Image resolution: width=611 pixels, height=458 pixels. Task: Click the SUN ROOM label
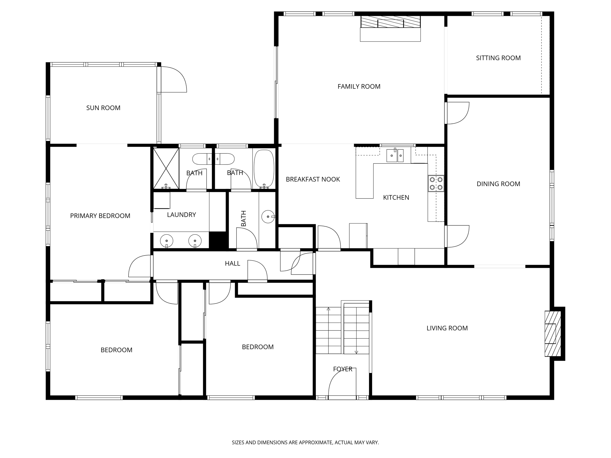(x=103, y=108)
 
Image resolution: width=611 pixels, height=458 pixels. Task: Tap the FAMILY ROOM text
(x=359, y=86)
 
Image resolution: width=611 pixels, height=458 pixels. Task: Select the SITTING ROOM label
(x=498, y=58)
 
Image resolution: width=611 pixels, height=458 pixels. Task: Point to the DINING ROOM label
(x=498, y=184)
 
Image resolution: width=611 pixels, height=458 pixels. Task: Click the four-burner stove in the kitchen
(x=436, y=183)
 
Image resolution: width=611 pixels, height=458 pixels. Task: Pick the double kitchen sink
(x=395, y=156)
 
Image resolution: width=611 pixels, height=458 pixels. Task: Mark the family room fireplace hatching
(x=390, y=22)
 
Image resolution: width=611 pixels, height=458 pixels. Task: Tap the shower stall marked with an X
(x=166, y=168)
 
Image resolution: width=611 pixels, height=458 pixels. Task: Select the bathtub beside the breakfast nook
(x=264, y=169)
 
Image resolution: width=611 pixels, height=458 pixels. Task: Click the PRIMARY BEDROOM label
(x=100, y=216)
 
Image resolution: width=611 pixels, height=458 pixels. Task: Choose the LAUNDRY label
(x=181, y=215)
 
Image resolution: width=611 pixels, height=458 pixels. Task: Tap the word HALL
(x=232, y=264)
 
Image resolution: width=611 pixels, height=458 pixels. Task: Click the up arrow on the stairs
(x=328, y=309)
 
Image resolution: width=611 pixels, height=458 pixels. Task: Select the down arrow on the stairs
(x=356, y=352)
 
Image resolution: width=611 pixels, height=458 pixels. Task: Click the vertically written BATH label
(x=243, y=218)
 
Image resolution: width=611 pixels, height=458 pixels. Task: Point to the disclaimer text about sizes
(x=305, y=442)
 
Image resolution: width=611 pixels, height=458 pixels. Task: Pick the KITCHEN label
(x=396, y=197)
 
